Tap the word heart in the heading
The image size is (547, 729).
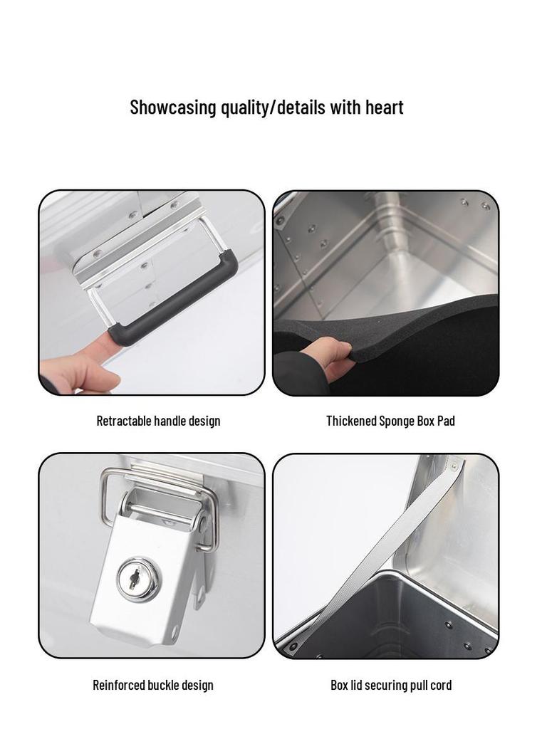[x=384, y=107]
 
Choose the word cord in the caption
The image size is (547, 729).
[x=442, y=685]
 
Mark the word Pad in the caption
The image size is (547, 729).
[x=447, y=421]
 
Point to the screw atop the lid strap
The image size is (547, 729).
[x=455, y=463]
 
